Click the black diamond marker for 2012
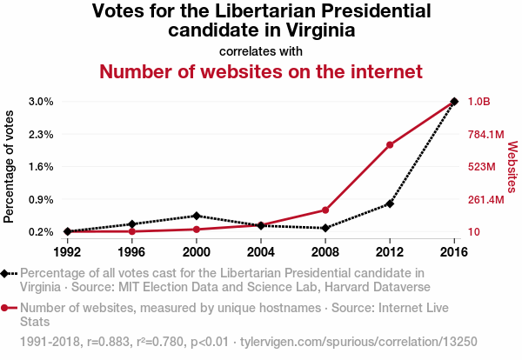tap(390, 203)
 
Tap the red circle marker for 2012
tap(390, 144)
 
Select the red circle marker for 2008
tap(325, 210)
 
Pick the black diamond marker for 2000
tap(197, 216)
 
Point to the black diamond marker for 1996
tap(132, 224)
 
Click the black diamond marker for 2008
tap(325, 228)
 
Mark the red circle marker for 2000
tap(197, 229)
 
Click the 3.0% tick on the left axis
tap(41, 102)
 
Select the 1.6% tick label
tap(41, 167)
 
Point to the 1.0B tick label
tap(479, 102)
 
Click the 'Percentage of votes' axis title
tap(10, 167)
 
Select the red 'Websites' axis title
tap(512, 167)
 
